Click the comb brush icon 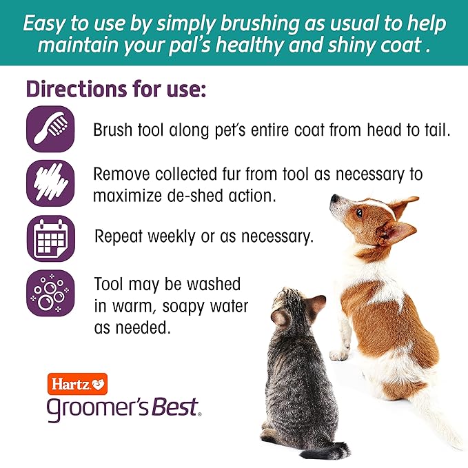point(50,129)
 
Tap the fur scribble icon point(50,185)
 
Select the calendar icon point(50,239)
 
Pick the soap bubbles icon point(50,294)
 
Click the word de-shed point(207,195)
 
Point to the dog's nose point(333,199)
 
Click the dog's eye point(358,213)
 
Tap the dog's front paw point(338,354)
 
